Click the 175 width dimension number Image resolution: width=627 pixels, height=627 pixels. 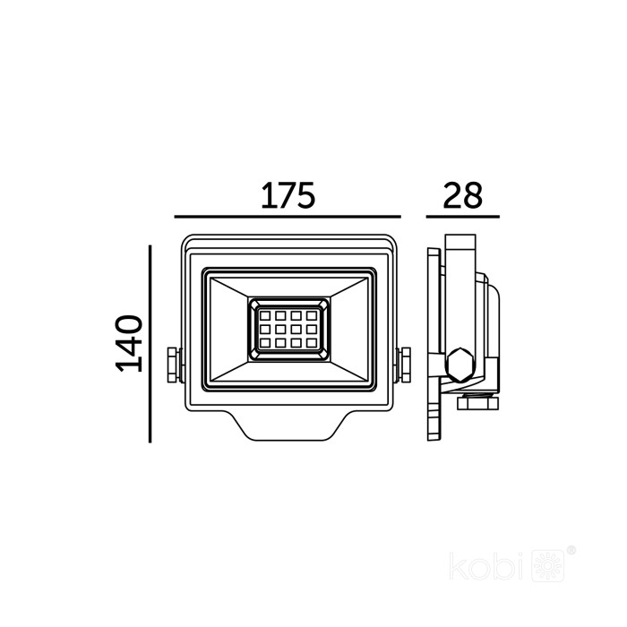click(x=288, y=195)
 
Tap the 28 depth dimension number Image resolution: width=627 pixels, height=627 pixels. click(x=462, y=195)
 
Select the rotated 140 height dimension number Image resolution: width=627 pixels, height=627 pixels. click(x=129, y=343)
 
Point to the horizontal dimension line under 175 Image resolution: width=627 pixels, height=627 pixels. click(x=288, y=217)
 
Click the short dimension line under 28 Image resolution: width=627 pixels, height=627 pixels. click(x=463, y=217)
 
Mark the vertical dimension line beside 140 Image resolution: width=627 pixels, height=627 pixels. click(x=150, y=344)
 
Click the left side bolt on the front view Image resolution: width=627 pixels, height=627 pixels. click(x=173, y=365)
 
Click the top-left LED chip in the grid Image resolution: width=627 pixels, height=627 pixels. click(x=265, y=316)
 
